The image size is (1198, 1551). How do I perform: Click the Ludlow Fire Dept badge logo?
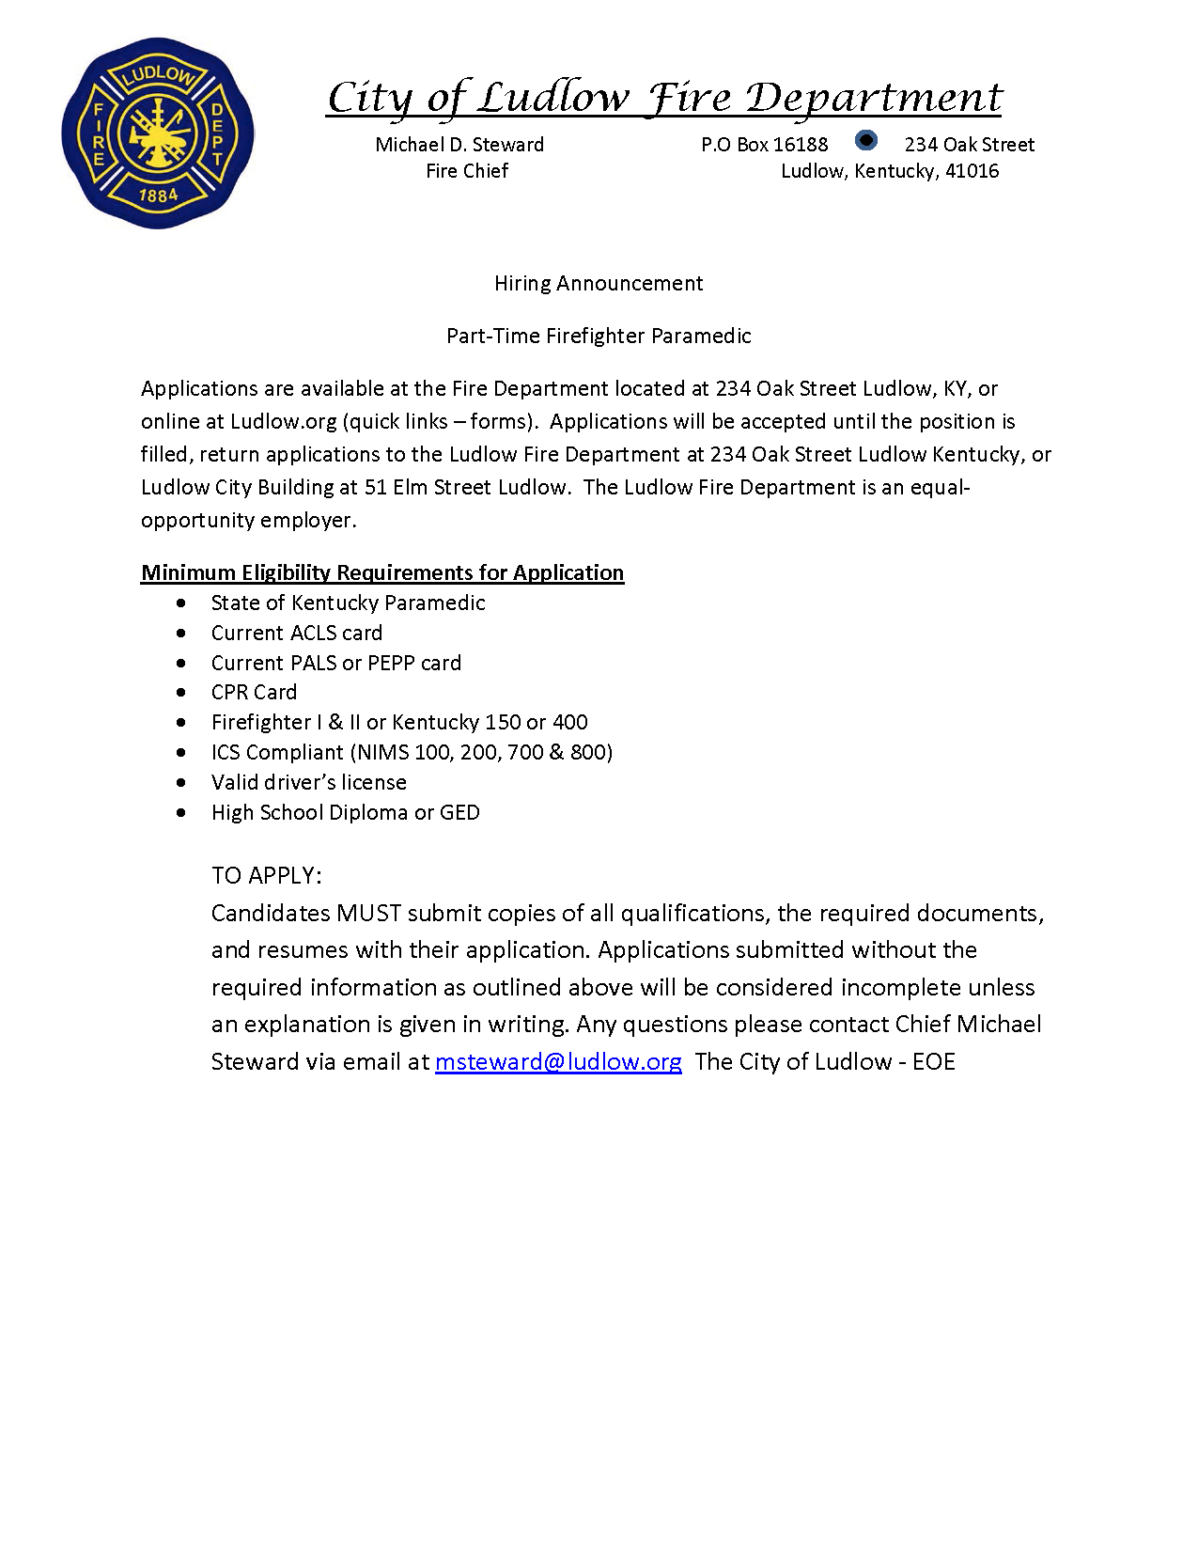158,133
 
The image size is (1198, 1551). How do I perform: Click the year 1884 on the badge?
158,196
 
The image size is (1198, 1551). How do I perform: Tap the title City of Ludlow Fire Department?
664,98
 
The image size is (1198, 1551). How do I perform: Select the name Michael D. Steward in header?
459,145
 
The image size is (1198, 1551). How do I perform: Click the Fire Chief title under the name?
467,171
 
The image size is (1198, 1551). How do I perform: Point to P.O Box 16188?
765,145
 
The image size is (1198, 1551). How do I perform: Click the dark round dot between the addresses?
866,141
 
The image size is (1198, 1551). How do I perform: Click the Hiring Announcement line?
599,284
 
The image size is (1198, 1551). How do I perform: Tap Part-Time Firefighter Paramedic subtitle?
599,337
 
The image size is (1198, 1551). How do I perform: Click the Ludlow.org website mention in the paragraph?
283,422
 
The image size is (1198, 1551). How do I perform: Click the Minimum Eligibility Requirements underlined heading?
382,573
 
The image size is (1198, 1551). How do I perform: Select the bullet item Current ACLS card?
297,634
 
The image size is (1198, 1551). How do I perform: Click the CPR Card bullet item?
254,693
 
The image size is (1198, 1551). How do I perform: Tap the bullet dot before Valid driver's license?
181,783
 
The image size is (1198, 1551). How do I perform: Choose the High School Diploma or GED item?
345,813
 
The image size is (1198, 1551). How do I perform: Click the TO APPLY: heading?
267,876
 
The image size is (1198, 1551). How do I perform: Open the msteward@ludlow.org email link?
558,1062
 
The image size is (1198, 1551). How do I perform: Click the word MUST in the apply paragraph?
369,914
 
